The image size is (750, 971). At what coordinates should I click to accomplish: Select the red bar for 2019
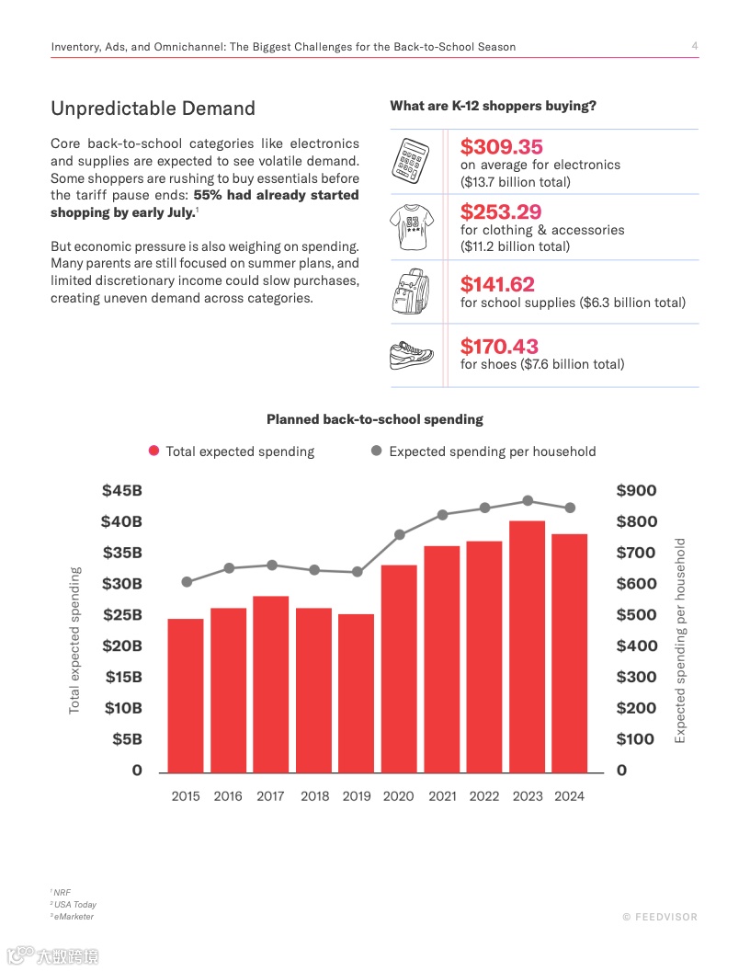pyautogui.click(x=357, y=693)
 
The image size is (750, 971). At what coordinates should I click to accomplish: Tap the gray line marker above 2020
pyautogui.click(x=399, y=534)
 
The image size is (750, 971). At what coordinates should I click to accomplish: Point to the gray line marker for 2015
pyautogui.click(x=187, y=581)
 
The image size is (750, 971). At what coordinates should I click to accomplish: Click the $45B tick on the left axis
pyautogui.click(x=122, y=491)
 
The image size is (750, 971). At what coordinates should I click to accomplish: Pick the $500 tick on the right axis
pyautogui.click(x=636, y=615)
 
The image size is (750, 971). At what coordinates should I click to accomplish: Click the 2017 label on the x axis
pyautogui.click(x=270, y=796)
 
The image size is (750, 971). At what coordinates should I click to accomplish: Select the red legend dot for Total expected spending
pyautogui.click(x=153, y=451)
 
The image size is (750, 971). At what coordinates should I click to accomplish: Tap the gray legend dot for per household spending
pyautogui.click(x=376, y=451)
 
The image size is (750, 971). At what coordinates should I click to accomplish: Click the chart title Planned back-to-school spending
pyautogui.click(x=374, y=419)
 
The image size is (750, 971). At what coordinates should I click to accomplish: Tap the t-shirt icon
pyautogui.click(x=413, y=226)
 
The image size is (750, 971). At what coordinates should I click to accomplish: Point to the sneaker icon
pyautogui.click(x=413, y=355)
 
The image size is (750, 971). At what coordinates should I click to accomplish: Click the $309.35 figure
pyautogui.click(x=502, y=147)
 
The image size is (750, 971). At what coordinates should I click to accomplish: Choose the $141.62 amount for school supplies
pyautogui.click(x=497, y=284)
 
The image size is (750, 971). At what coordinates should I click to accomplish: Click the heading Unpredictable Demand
pyautogui.click(x=153, y=109)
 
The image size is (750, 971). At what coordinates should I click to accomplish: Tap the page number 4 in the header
pyautogui.click(x=694, y=46)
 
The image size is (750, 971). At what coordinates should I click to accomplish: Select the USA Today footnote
pyautogui.click(x=74, y=905)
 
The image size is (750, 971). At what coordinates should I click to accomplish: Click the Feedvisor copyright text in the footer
pyautogui.click(x=660, y=917)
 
